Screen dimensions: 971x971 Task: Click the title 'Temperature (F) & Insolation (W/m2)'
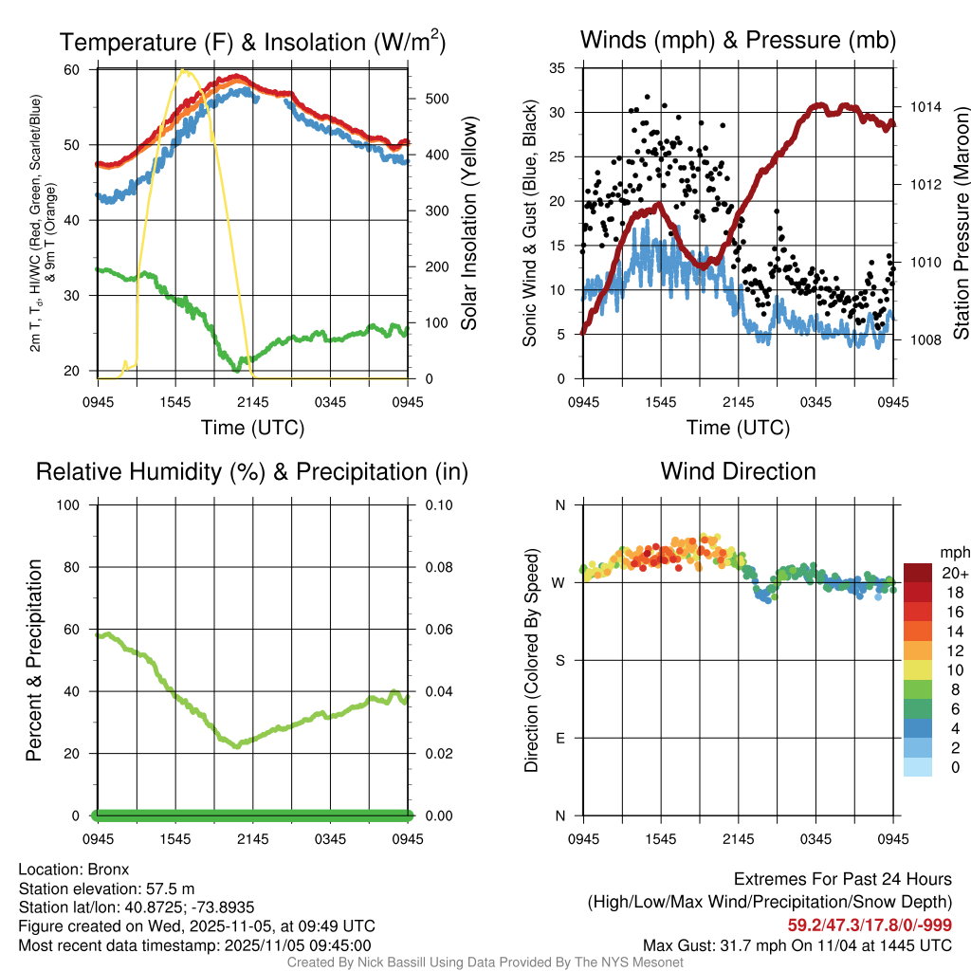coord(252,43)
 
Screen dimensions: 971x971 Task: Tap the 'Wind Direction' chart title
coord(738,471)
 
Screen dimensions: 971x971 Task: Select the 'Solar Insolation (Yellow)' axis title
coord(468,224)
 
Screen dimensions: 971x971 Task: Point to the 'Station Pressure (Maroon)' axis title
coord(960,224)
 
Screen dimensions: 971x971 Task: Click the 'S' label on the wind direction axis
coord(559,660)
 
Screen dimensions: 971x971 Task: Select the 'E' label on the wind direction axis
coord(559,738)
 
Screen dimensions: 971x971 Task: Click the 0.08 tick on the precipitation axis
coord(438,567)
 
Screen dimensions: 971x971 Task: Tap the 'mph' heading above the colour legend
coord(953,553)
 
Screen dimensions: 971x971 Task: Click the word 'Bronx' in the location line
coord(108,869)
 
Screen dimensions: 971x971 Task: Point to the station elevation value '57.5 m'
coord(171,889)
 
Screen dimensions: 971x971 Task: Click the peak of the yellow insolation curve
coord(185,71)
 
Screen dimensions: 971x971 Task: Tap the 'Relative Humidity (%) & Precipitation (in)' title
coord(252,471)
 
